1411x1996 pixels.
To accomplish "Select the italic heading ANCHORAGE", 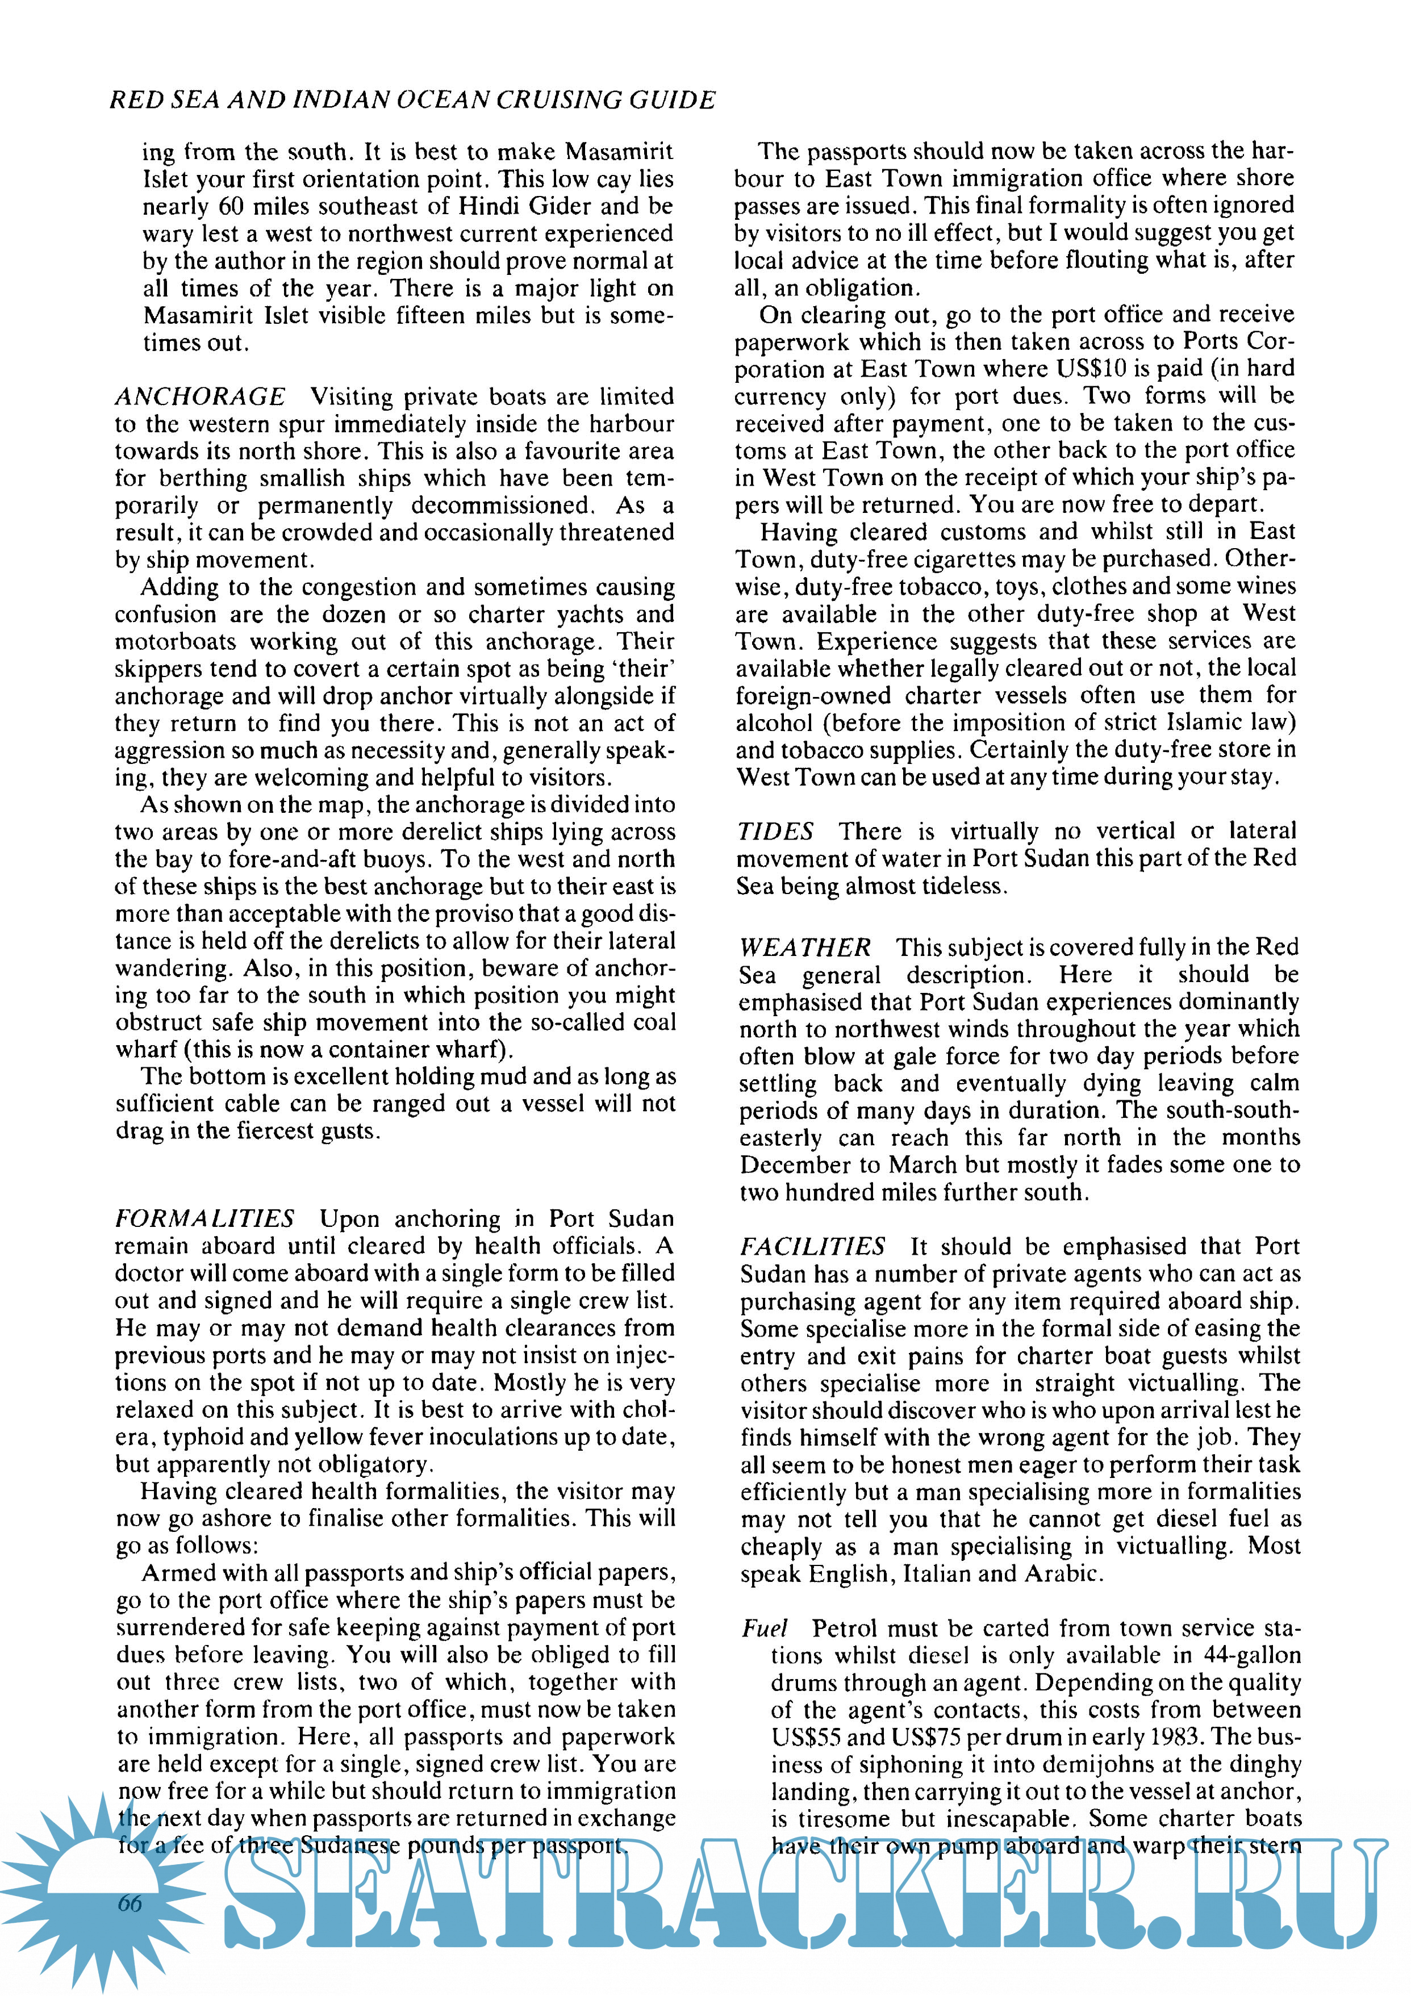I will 200,396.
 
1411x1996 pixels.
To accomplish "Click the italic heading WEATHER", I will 804,947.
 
